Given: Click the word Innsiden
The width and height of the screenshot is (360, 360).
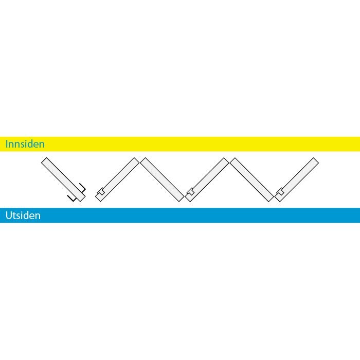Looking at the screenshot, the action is (x=25, y=144).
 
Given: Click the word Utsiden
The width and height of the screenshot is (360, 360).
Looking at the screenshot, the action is (x=23, y=215).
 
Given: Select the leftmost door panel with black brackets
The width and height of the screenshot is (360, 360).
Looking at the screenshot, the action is (x=63, y=179).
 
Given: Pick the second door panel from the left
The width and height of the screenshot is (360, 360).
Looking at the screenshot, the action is (x=117, y=179).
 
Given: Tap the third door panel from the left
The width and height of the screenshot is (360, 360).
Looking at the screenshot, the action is (x=162, y=179).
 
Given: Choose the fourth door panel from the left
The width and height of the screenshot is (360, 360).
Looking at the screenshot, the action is (x=207, y=179).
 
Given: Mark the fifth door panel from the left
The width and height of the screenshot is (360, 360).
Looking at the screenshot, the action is (x=252, y=179).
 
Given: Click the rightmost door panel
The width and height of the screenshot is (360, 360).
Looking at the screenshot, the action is (x=297, y=179).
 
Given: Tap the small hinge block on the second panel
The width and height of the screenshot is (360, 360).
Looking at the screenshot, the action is (x=101, y=191).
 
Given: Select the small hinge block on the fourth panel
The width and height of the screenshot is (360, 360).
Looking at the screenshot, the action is (x=191, y=191).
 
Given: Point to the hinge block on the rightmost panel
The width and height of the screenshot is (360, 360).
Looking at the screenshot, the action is (x=280, y=191).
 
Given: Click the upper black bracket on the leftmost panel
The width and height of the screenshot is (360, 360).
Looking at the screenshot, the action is (x=83, y=188).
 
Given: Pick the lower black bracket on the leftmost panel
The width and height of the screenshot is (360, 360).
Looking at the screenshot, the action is (x=72, y=199).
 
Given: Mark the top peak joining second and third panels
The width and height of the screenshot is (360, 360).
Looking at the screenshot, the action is (x=139, y=160).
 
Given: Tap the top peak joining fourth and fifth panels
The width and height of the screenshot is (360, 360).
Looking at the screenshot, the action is (x=229, y=160).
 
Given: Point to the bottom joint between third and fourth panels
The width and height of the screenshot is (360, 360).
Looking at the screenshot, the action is (x=185, y=199).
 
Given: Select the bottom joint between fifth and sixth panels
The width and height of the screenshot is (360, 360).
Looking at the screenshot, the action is (x=274, y=199).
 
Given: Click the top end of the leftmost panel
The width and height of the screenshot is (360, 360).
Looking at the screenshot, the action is (x=44, y=160).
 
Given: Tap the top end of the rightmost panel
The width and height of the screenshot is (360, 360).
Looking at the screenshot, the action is (x=316, y=160).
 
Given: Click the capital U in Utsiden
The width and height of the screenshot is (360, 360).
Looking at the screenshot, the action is (x=8, y=215).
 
